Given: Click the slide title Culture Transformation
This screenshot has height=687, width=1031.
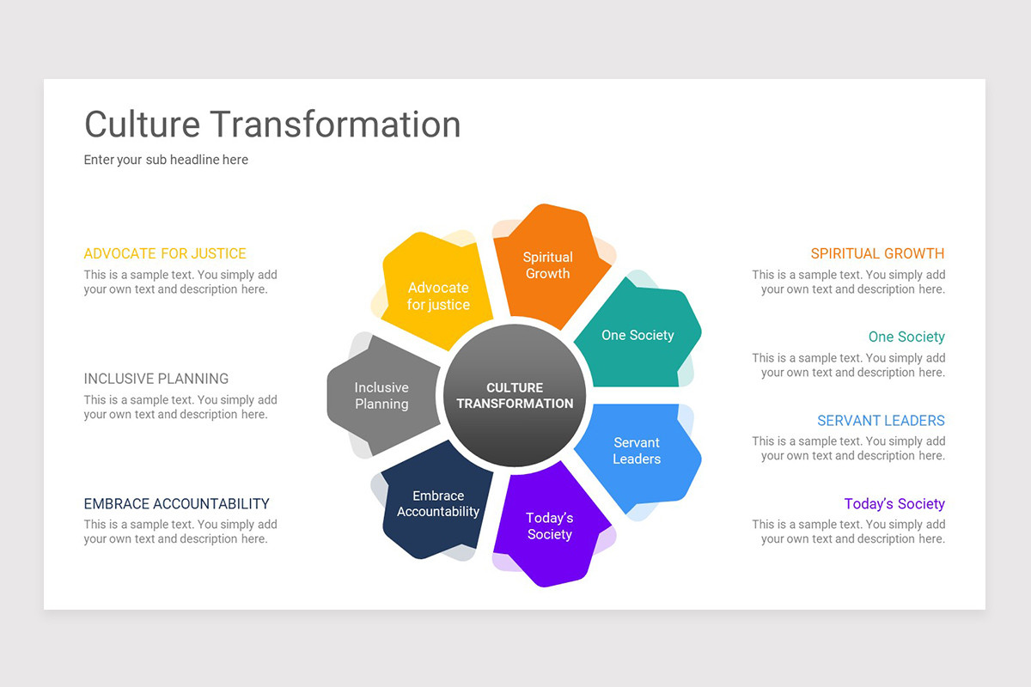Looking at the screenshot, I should click(272, 125).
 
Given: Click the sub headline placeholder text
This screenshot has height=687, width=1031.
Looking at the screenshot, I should click(166, 160).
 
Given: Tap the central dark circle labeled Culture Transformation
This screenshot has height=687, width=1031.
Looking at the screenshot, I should click(515, 395).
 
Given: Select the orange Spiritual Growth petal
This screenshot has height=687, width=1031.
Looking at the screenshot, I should click(547, 265).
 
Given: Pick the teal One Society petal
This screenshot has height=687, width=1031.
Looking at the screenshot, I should click(638, 336).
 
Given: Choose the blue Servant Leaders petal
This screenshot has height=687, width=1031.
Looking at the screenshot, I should click(637, 451).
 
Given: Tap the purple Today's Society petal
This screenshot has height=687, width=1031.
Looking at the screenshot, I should click(550, 526).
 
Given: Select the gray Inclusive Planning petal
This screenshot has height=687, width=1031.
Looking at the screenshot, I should click(382, 396).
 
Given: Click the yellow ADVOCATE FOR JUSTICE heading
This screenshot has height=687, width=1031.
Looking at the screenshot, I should click(165, 253).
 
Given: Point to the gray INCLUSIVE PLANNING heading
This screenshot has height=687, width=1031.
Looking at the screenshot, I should click(156, 379).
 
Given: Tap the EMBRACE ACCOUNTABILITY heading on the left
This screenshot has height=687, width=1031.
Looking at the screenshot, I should click(177, 504).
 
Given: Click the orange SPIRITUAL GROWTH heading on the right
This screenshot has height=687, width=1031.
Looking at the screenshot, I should click(877, 253).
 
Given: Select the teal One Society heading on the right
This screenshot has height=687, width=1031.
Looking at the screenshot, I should click(906, 337).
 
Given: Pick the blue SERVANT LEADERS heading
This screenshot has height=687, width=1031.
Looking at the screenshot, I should click(881, 421).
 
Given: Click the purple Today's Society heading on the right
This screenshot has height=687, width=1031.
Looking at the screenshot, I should click(894, 504).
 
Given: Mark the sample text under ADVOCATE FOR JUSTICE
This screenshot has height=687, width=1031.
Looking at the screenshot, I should click(180, 283).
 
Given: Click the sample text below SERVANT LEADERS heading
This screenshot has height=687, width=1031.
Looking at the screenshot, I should click(849, 449).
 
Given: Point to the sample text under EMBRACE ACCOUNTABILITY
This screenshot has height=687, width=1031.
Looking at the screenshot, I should click(180, 532).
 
